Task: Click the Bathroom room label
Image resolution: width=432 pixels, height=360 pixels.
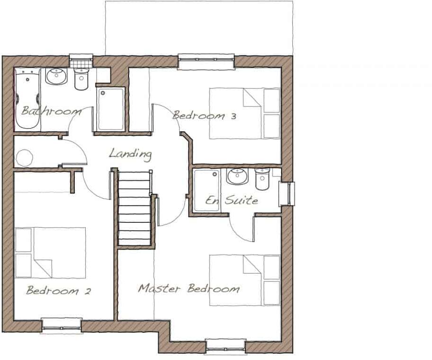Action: [52, 112]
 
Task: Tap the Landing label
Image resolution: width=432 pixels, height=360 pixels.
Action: [130, 154]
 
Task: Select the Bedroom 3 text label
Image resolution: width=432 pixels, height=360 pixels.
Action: [204, 115]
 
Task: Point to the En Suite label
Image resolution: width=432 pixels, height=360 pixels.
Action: [231, 200]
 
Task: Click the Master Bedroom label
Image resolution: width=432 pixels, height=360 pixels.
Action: [189, 288]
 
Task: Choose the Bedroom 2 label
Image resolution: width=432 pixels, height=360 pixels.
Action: [58, 290]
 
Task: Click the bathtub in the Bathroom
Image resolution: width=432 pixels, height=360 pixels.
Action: [27, 99]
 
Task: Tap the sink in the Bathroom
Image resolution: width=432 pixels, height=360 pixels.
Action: [56, 76]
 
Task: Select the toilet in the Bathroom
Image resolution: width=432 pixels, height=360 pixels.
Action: [82, 79]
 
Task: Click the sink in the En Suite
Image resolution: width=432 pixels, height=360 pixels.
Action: [236, 176]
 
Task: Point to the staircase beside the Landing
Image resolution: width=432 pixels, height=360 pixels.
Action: [134, 208]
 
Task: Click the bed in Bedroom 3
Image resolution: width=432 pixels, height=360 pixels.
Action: [245, 114]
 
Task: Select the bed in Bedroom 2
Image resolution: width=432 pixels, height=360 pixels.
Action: [50, 253]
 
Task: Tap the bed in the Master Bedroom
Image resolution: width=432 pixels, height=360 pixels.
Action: [245, 280]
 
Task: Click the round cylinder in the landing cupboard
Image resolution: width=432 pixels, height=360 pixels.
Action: [24, 158]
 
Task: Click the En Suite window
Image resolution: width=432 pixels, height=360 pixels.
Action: [287, 193]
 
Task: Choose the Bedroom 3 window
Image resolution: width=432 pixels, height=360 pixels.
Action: [206, 60]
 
